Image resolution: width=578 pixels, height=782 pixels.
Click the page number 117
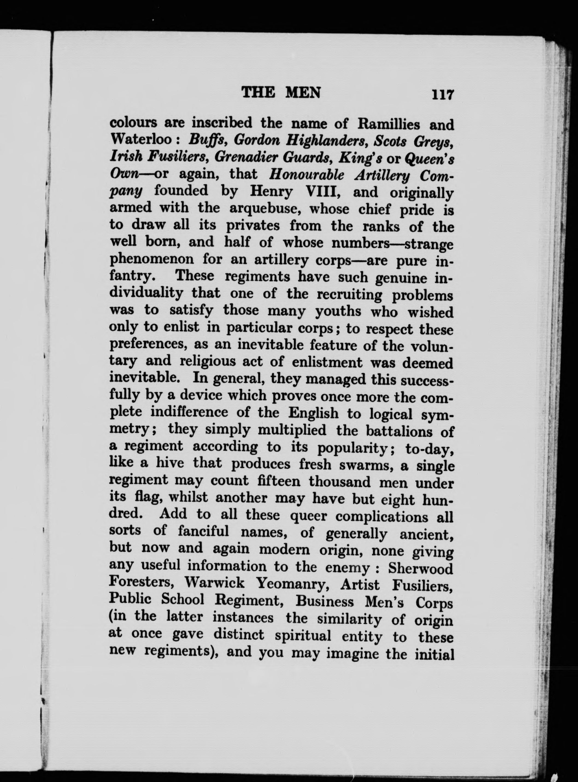click(443, 95)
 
